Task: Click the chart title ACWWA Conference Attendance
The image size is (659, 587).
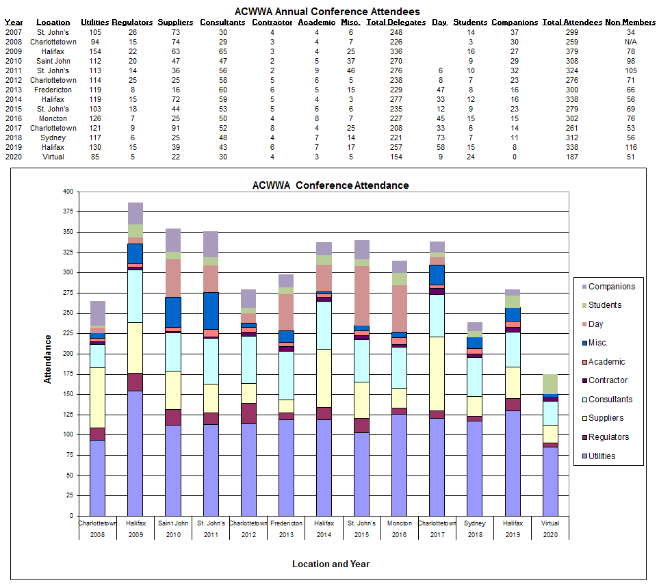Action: click(330, 185)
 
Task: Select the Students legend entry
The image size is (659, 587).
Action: click(605, 305)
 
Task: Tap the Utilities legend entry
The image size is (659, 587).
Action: click(602, 456)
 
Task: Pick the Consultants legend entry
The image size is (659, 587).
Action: click(610, 400)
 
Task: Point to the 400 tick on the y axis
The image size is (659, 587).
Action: click(66, 192)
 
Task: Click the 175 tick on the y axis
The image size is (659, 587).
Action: click(66, 394)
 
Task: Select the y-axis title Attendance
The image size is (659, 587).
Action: click(48, 358)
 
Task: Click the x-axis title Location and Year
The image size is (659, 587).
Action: click(331, 564)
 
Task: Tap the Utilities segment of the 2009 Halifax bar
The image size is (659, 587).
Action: click(135, 452)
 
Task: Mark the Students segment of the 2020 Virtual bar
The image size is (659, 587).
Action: click(550, 384)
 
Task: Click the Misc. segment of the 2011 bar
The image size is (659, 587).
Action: click(211, 310)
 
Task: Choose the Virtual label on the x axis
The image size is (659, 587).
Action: click(550, 523)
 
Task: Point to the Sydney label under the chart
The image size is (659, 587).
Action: click(474, 523)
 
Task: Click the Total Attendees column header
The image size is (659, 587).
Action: click(571, 23)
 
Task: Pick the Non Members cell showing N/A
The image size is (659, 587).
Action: click(630, 41)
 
